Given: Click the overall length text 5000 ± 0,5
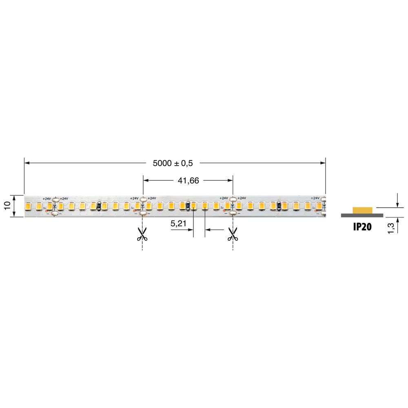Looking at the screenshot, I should tap(173, 163).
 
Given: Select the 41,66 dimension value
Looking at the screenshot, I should tap(188, 181).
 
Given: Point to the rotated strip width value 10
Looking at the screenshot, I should tap(7, 205).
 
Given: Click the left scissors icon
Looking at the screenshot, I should tap(142, 234).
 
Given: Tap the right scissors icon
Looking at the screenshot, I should tap(232, 234).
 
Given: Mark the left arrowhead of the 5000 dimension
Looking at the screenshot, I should tap(27, 163).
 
